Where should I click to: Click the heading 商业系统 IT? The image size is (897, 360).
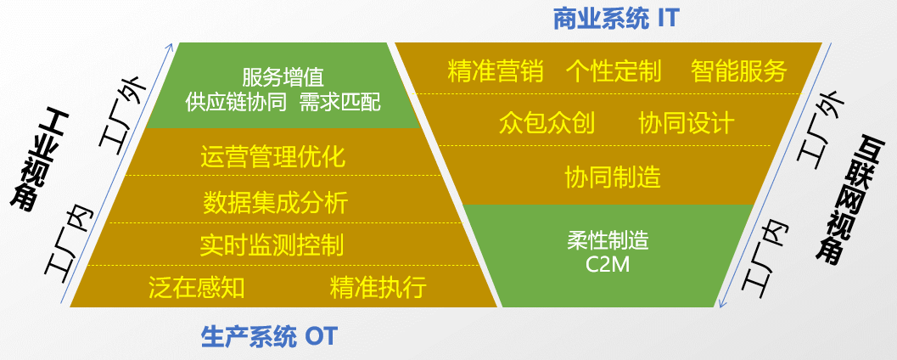click(616, 19)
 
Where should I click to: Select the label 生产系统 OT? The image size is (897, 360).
click(269, 337)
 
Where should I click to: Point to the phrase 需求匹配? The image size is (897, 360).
click(340, 103)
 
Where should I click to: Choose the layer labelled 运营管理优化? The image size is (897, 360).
click(273, 157)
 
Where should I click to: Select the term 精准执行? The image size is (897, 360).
click(378, 287)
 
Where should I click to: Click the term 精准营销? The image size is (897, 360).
click(495, 70)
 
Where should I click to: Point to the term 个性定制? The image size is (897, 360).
click(613, 70)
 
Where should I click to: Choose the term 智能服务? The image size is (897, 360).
click(738, 70)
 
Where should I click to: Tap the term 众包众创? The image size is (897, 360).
click(547, 123)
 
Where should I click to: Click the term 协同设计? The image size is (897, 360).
click(686, 123)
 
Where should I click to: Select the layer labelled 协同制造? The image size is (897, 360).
click(613, 177)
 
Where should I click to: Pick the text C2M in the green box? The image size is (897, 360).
click(608, 264)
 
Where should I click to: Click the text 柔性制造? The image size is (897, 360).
click(608, 240)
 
